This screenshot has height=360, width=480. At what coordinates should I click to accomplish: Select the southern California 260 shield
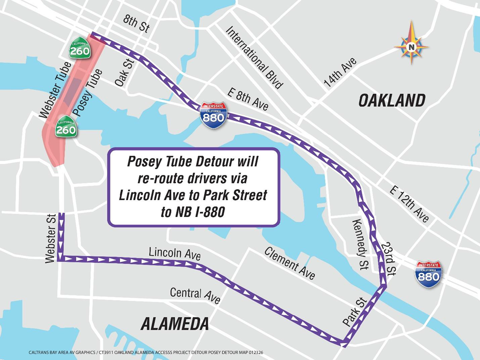pos(65,126)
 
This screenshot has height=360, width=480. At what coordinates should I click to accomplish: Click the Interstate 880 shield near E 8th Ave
pos(214,115)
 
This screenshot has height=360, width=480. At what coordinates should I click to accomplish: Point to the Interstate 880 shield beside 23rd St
pos(428,274)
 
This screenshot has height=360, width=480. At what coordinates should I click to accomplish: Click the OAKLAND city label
pos(392,100)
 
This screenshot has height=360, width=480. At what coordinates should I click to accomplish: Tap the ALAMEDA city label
pos(175,324)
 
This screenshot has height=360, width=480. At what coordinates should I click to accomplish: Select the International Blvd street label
pos(254,58)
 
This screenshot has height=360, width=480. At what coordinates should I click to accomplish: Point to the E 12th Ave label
pos(409,205)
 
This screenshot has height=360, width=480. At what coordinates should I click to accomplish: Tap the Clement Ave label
pos(289,264)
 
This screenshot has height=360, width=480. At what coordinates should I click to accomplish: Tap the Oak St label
pos(123,72)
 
